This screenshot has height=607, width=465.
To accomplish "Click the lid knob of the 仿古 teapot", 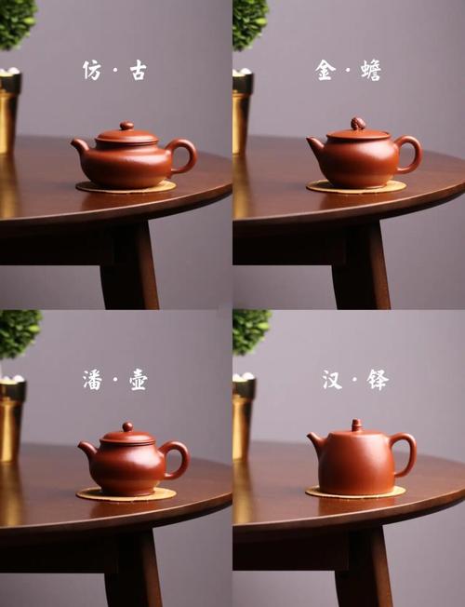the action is coord(126,126).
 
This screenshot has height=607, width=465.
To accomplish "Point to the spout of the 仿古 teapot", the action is coord(80,146).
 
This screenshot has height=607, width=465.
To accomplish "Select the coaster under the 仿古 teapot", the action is coord(126,187).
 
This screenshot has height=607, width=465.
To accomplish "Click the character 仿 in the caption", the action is coord(92,70).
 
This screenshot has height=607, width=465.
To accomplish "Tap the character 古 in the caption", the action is coord(139,71).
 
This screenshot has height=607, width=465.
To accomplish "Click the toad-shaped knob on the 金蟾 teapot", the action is coord(358,124).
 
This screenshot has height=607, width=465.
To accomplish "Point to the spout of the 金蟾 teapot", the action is coord(315,146).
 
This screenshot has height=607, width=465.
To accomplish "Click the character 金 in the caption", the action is coord(325,70).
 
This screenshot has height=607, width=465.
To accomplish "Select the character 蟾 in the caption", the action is coord(371,71).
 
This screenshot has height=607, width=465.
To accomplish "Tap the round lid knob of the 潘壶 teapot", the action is coord(127,427).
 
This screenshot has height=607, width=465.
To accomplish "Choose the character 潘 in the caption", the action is coord(92,380).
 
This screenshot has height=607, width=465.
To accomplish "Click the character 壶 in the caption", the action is coord(139,380).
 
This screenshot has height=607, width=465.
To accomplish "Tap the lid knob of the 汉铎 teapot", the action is coord(356,425).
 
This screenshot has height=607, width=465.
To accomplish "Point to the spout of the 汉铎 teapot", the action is coord(315,441).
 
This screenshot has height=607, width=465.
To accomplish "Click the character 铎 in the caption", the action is coord(378,380).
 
